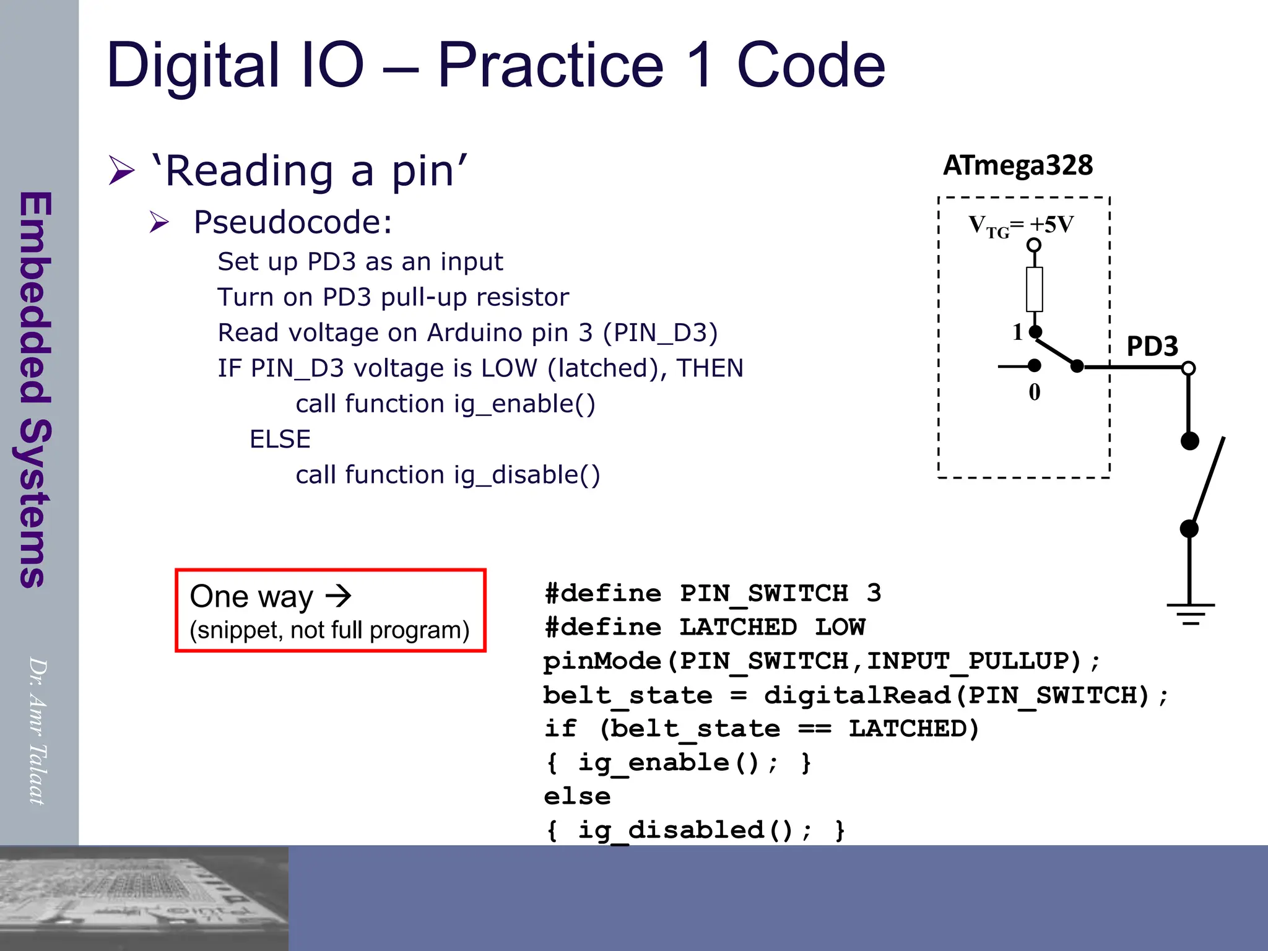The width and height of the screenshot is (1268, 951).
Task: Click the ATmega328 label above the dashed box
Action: (x=1018, y=166)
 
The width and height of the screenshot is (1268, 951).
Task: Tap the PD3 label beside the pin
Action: (x=1152, y=346)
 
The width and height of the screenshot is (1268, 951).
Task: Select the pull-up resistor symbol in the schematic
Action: (x=1034, y=289)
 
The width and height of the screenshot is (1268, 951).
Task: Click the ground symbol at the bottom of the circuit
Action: (x=1190, y=614)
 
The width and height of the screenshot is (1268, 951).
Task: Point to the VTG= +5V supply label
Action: (x=1021, y=225)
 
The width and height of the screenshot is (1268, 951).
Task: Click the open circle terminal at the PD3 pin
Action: (x=1188, y=368)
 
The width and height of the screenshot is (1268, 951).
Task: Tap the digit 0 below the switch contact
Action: (x=1034, y=392)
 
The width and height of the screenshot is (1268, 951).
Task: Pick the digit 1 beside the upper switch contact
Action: (x=1017, y=332)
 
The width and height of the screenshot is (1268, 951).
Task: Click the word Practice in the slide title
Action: (x=550, y=65)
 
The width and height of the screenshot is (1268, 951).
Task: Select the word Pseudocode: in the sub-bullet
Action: (x=293, y=222)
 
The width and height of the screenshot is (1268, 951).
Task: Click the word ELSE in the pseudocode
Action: (x=280, y=439)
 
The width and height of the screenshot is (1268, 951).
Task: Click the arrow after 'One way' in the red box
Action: (x=339, y=596)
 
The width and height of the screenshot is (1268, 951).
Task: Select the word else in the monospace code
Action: (x=577, y=796)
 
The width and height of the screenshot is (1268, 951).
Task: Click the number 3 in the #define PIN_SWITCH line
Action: (x=874, y=593)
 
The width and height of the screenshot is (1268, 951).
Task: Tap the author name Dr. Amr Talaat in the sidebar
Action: (x=38, y=731)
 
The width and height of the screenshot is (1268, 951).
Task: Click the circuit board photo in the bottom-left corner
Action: (x=144, y=898)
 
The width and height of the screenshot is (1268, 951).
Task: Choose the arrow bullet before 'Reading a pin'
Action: (x=121, y=170)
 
